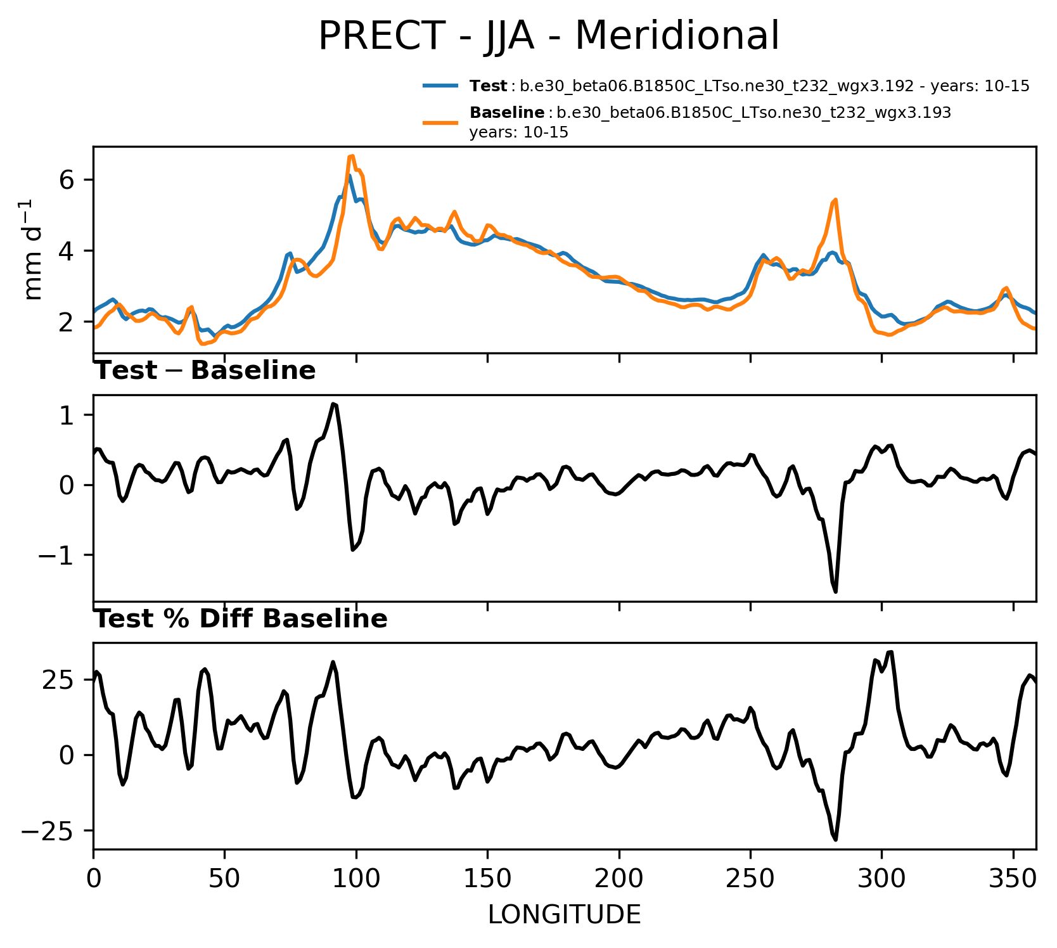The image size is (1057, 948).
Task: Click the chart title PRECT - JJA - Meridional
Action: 548,36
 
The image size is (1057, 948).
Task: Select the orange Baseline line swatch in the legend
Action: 440,122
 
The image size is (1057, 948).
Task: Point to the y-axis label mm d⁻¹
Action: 33,250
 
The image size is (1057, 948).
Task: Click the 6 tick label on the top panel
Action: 68,181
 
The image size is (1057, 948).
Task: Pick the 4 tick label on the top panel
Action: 68,252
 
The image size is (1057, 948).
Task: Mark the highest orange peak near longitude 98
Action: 352,156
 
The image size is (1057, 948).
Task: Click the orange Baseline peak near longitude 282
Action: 836,200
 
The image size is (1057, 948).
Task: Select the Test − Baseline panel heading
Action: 205,371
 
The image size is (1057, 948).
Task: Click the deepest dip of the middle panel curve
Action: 836,591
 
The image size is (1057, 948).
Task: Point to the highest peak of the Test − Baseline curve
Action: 333,404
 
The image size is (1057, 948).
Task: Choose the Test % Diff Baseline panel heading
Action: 241,619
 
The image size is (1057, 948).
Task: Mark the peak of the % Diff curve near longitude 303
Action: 891,651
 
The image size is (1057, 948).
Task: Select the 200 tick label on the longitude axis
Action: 618,880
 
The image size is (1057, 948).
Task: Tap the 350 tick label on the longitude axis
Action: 1013,880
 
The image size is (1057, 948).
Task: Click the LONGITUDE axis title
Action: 564,914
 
